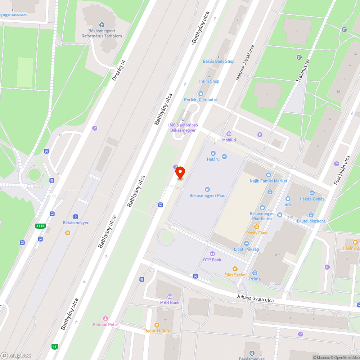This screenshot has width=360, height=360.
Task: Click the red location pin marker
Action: coord(180,173)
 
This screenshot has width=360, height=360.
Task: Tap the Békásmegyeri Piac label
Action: coord(207,195)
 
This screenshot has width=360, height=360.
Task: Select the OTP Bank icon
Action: coord(212,254)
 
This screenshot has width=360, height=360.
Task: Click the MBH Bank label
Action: coord(170,302)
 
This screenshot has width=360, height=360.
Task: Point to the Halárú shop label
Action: coord(213,159)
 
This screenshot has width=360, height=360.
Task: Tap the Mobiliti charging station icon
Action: coord(229,134)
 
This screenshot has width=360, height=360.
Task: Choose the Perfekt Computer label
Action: coord(201,100)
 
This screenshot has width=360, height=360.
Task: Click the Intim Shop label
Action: coord(209,81)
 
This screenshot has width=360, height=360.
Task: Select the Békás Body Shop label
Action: coord(219,61)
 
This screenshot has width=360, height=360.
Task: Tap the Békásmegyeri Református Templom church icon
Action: coord(102,25)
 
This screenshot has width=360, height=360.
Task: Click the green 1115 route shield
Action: coord(40,226)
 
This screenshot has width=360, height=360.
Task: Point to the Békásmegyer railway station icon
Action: coord(76,217)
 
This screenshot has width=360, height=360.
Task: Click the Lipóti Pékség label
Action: coord(246,249)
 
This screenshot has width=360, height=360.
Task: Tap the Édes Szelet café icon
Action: coord(235,269)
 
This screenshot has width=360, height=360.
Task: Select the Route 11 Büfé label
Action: coord(157,331)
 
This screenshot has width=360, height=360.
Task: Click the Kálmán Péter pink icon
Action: coord(105,318)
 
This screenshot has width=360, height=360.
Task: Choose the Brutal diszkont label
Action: coord(311,221)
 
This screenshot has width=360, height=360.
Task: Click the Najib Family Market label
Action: coord(269,181)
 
